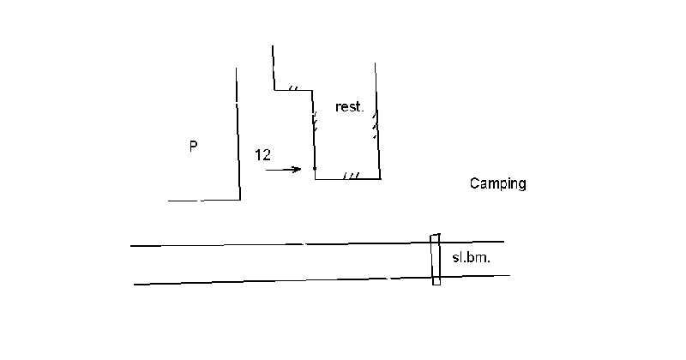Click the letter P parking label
coord(194,146)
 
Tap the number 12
coord(263,155)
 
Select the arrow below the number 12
coord(284,169)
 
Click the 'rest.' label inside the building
coord(349,107)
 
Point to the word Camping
coord(498,183)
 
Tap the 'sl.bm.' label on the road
coord(471,258)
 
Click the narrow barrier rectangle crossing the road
coord(436,260)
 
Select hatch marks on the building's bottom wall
coord(352,176)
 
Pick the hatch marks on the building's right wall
coord(375,125)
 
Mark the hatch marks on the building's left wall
coord(314,122)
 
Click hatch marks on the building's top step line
coord(293,88)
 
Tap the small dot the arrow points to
coord(315,168)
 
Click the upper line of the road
coord(317,243)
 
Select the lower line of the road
coord(322,280)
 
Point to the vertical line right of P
coord(238,134)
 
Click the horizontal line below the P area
coord(204,201)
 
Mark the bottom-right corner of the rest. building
coord(380,178)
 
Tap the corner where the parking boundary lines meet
coord(240,200)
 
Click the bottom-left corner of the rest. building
coord(316,179)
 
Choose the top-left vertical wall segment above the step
coord(274,68)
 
